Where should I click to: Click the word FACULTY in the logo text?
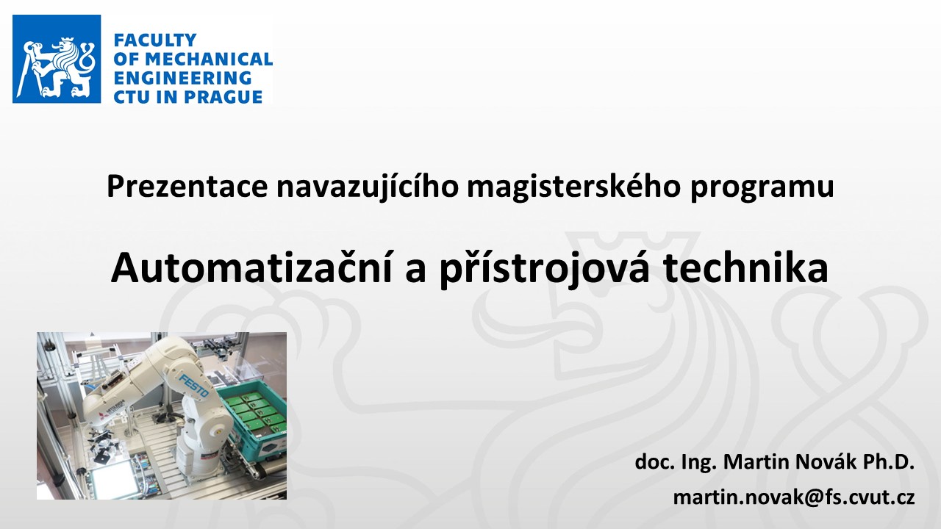pyautogui.click(x=155, y=40)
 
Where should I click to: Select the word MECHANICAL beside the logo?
pyautogui.click(x=209, y=60)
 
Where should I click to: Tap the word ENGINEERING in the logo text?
pyautogui.click(x=183, y=78)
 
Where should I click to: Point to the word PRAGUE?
pyautogui.click(x=223, y=97)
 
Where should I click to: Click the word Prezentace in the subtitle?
pyautogui.click(x=187, y=187)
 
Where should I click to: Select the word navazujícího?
pyautogui.click(x=367, y=187)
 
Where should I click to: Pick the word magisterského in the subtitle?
pyautogui.click(x=574, y=187)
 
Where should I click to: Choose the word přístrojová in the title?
pyautogui.click(x=545, y=269)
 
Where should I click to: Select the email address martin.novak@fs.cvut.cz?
pyautogui.click(x=794, y=497)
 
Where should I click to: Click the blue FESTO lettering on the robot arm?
pyautogui.click(x=193, y=386)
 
